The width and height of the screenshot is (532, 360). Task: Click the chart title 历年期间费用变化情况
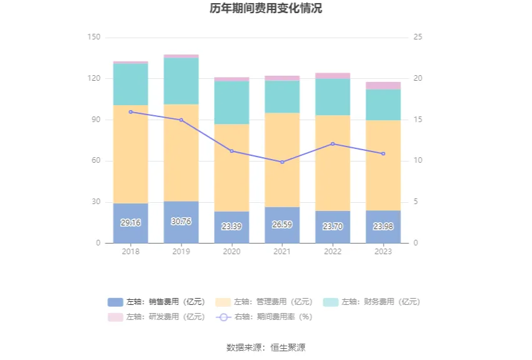tap(266, 9)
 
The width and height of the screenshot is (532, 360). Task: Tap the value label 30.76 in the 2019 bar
tap(181, 222)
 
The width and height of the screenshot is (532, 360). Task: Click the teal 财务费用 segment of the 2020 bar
tap(232, 103)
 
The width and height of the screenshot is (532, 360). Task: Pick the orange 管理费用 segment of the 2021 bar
tap(282, 160)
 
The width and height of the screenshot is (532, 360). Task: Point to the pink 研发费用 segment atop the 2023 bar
tap(383, 86)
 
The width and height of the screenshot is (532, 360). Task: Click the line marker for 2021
tap(282, 162)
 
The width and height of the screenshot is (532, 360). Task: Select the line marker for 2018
tap(130, 112)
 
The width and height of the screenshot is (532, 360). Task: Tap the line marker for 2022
tap(332, 144)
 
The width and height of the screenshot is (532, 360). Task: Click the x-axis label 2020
tap(232, 252)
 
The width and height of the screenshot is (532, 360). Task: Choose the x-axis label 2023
tap(383, 252)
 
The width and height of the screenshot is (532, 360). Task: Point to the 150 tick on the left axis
tap(94, 38)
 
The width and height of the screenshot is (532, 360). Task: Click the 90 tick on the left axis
tap(94, 120)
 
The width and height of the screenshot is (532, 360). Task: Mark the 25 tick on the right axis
tap(418, 38)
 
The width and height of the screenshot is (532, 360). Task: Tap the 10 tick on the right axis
tap(418, 161)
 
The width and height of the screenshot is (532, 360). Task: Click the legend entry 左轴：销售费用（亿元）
tap(156, 302)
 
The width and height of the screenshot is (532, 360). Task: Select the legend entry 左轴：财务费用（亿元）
tap(372, 302)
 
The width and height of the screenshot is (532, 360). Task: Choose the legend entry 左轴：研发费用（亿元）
tap(156, 317)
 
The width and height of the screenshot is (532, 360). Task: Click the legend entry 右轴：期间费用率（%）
tap(264, 317)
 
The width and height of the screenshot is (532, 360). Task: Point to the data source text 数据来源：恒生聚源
tap(266, 347)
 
